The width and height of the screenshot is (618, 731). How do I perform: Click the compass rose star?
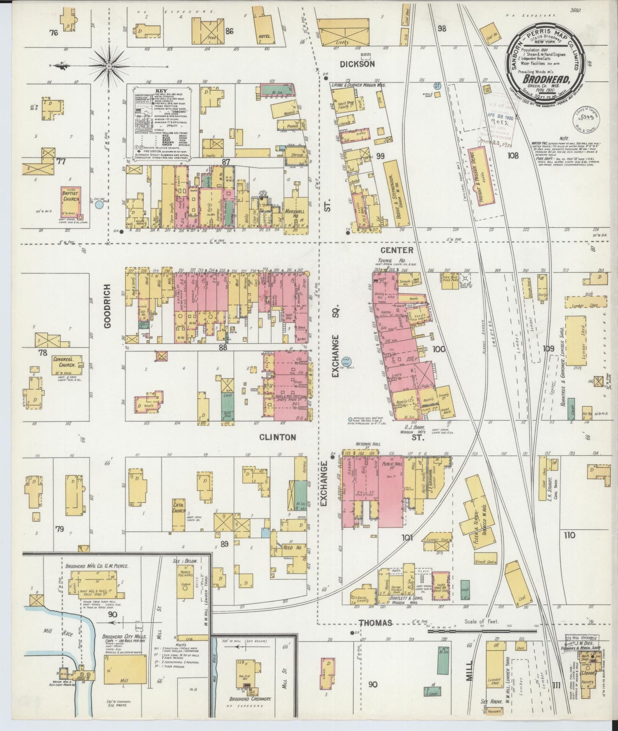[x=109, y=66]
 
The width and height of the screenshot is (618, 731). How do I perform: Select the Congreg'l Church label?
[x=64, y=363]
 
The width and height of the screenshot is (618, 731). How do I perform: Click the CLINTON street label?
[x=277, y=437]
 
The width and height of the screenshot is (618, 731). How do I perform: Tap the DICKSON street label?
[x=358, y=64]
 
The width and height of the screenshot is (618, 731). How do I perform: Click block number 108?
[x=512, y=156]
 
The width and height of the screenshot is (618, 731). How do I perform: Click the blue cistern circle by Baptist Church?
[x=99, y=205]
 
